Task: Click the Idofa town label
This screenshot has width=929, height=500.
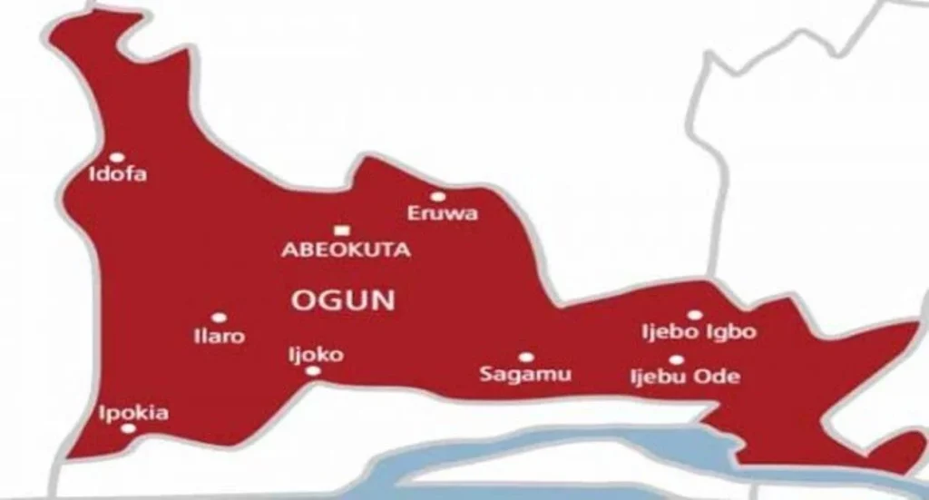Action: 117,174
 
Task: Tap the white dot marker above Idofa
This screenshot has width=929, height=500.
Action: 117,157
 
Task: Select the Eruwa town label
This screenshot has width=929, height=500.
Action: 443,214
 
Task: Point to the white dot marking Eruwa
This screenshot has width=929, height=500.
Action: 438,196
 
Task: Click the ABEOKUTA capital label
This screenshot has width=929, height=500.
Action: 346,250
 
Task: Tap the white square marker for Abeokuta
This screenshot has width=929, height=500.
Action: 341,230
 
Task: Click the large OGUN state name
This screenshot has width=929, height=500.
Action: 343,300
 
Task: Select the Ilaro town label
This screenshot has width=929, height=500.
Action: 220,336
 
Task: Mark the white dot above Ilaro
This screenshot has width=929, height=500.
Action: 219,318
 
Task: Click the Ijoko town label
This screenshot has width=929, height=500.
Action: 315,354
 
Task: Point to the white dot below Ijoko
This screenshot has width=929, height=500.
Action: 313,371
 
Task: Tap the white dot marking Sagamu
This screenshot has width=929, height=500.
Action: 525,358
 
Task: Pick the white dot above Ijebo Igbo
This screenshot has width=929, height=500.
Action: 694,314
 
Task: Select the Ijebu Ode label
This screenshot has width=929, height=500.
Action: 685,377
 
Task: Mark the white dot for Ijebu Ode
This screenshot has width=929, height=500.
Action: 677,360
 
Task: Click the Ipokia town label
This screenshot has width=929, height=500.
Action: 132,413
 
